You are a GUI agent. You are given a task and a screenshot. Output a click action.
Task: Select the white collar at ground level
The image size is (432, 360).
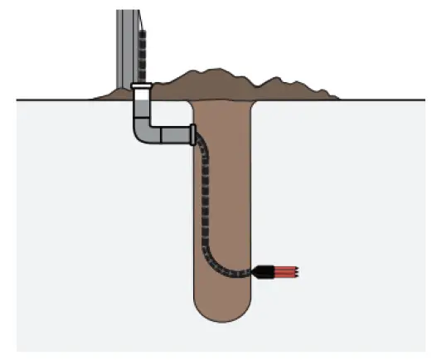140,85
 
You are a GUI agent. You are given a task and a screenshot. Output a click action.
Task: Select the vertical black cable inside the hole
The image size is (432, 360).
206,199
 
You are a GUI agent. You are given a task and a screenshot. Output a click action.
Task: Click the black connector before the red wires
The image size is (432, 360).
265,271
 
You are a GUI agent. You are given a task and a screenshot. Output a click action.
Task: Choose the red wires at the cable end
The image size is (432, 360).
285,271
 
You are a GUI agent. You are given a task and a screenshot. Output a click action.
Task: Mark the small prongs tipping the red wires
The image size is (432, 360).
299,271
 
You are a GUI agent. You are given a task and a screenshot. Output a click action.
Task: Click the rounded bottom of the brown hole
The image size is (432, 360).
222,315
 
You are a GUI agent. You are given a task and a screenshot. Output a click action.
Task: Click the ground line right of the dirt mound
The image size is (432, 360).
381,100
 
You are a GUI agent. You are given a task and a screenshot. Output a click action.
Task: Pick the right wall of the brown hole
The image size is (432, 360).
250,199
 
